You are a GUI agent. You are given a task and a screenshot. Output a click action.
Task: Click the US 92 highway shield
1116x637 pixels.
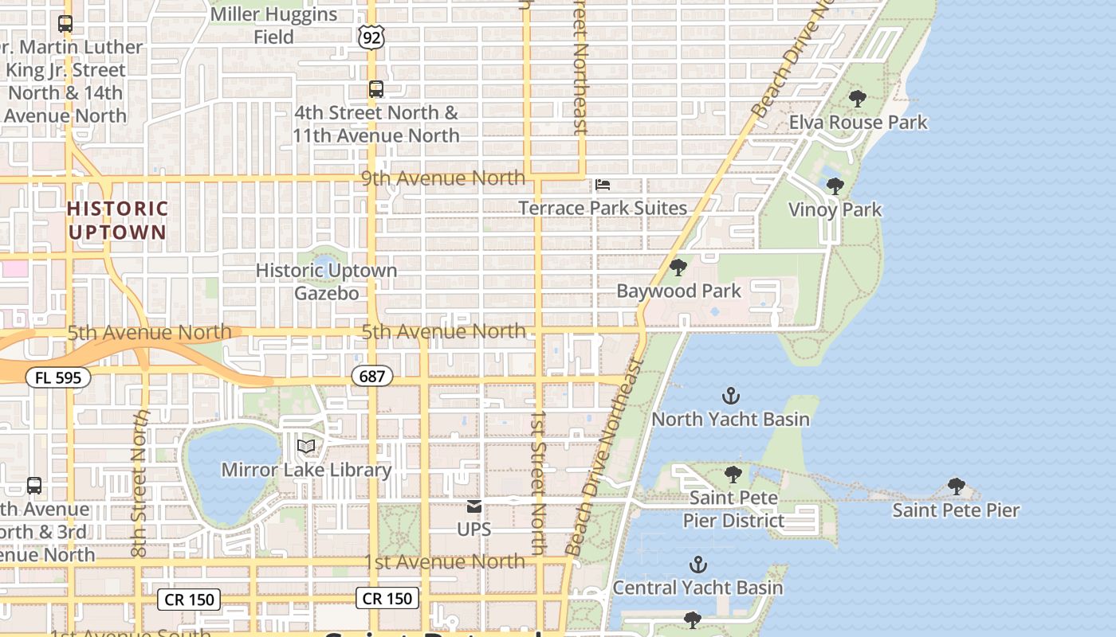click(372, 36)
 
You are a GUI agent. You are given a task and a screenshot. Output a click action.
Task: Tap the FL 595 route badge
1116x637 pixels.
click(58, 377)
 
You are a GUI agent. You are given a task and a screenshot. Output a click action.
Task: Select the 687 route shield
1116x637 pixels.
click(372, 376)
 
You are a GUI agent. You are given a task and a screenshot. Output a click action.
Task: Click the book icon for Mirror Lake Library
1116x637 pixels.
click(306, 447)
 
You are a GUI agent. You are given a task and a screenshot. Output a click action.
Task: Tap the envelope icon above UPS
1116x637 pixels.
click(474, 506)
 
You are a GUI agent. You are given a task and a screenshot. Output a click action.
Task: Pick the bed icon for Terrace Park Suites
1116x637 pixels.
click(603, 185)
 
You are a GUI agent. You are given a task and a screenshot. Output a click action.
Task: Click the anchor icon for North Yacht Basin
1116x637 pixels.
click(730, 395)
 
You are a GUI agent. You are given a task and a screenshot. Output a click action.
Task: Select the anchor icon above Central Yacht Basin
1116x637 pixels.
click(697, 565)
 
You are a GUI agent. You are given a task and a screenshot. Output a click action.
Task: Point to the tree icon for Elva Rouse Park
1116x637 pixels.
click(858, 99)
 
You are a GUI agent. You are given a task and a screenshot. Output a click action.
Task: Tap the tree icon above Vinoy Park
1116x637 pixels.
click(835, 186)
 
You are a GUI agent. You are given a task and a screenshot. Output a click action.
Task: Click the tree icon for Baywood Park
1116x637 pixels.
click(678, 268)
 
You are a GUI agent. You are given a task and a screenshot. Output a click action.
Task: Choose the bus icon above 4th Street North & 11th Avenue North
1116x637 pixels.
click(375, 89)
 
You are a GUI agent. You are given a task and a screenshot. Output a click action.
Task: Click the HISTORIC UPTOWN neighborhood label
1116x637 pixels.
click(118, 221)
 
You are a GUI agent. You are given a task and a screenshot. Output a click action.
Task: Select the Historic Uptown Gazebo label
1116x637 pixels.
click(326, 282)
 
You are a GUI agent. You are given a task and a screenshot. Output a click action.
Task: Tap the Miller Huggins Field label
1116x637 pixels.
click(273, 25)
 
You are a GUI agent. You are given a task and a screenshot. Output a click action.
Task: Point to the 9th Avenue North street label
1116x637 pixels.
click(443, 178)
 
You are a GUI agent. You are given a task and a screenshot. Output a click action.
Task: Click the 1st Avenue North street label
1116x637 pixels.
click(445, 561)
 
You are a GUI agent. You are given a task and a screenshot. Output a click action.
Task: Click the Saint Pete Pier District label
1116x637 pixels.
click(733, 509)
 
